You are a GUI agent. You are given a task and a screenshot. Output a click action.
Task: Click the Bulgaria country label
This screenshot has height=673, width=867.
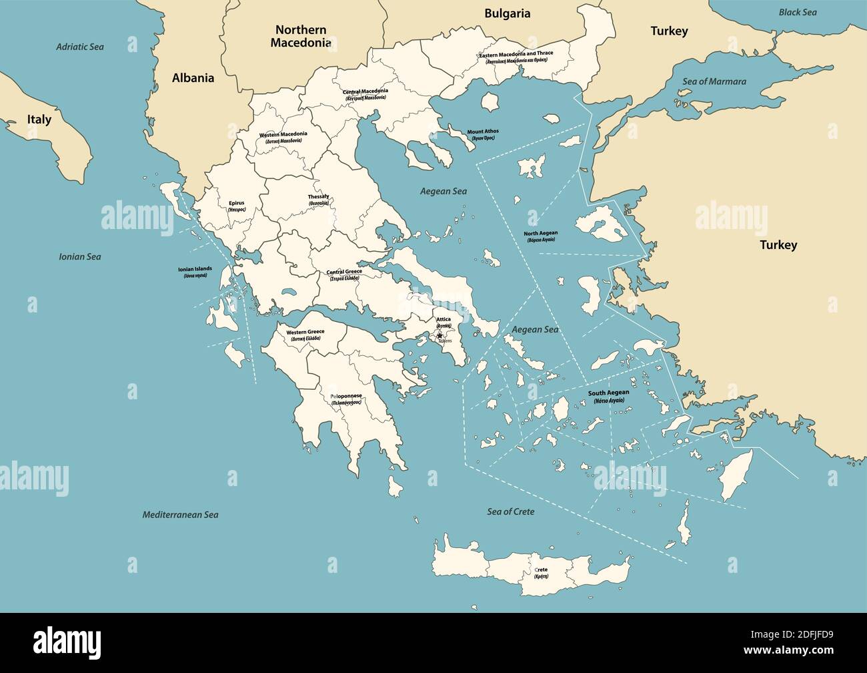click(x=507, y=13)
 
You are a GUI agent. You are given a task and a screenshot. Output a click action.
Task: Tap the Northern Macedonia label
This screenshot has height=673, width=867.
click(x=300, y=36)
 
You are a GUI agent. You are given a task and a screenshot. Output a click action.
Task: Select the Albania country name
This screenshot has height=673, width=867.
click(x=193, y=78)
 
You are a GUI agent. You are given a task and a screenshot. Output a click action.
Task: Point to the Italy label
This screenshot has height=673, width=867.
click(x=39, y=120)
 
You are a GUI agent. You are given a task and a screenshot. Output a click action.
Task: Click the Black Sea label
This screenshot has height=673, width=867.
click(x=797, y=12)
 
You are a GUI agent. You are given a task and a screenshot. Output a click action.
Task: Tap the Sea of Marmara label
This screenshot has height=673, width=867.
click(x=714, y=81)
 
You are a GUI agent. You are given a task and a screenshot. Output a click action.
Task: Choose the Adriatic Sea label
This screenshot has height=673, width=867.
click(x=80, y=47)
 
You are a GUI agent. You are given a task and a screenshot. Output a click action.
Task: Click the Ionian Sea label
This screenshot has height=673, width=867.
click(x=80, y=256)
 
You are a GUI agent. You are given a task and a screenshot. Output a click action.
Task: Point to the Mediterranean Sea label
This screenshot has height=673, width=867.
click(x=180, y=515)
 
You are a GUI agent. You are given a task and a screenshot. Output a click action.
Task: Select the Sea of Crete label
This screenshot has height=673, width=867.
click(x=510, y=511)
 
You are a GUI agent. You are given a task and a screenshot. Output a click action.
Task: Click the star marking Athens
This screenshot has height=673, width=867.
click(x=440, y=336)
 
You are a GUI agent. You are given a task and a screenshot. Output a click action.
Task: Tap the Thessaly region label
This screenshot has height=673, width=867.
click(x=318, y=198)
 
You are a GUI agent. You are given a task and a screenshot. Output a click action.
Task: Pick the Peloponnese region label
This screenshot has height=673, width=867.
click(x=346, y=397)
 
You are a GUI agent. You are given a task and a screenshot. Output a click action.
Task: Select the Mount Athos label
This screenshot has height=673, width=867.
click(x=482, y=132)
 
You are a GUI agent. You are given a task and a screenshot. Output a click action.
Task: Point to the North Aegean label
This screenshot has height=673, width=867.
click(x=540, y=234)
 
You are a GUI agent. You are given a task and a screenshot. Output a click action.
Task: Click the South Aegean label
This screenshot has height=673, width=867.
click(x=608, y=393)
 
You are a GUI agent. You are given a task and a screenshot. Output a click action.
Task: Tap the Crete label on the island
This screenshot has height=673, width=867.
click(x=541, y=570)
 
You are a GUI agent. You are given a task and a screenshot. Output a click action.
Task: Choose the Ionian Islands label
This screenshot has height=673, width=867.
click(x=194, y=269)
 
